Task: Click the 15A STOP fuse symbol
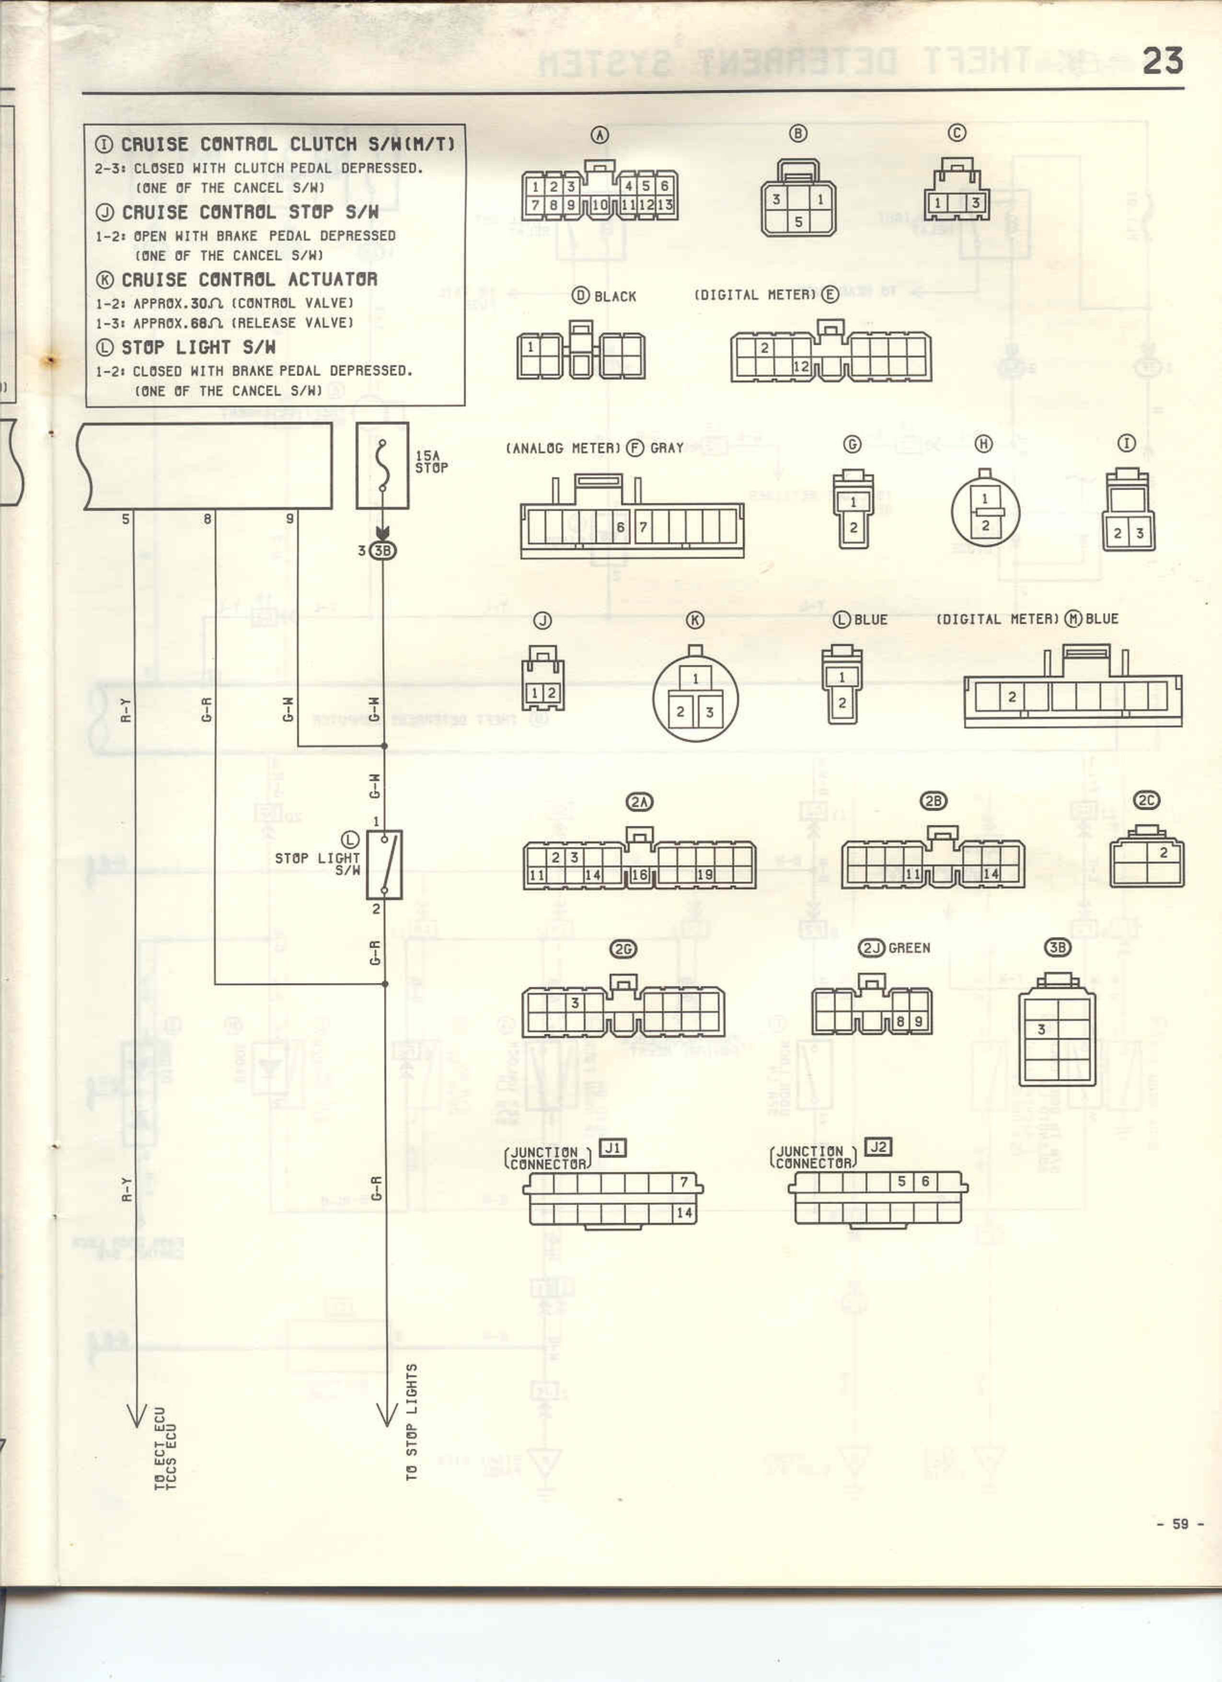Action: point(382,466)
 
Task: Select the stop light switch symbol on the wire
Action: point(384,865)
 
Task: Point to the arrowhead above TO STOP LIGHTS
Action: point(386,1414)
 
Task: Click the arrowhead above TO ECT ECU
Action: point(135,1414)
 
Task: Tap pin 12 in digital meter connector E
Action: point(801,367)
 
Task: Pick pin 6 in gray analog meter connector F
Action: point(621,527)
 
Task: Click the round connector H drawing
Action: point(985,512)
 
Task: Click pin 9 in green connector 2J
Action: point(918,1022)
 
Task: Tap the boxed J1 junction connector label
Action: point(612,1148)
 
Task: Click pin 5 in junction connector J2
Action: point(902,1181)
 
